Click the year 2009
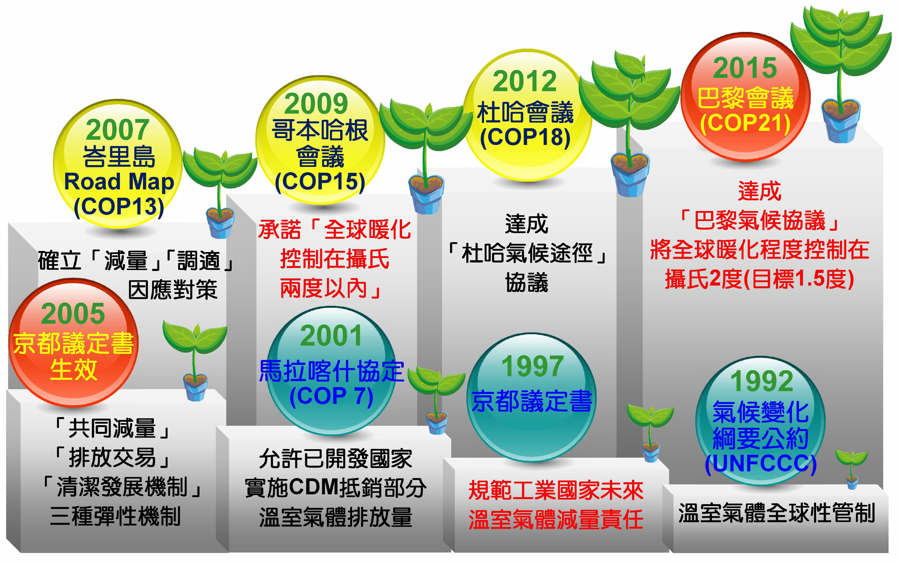point(316,104)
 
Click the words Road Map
point(119,182)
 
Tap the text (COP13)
point(119,207)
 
